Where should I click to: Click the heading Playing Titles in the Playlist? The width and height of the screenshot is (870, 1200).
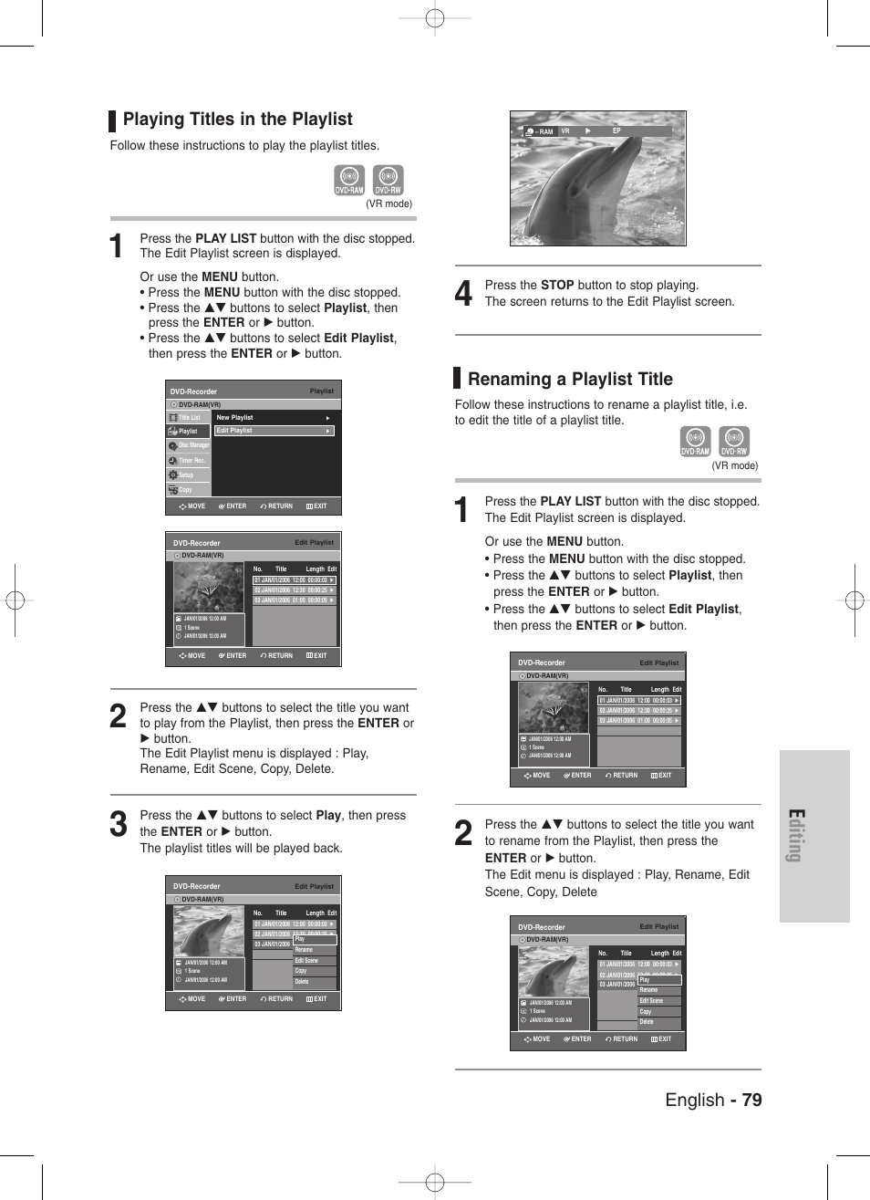(237, 120)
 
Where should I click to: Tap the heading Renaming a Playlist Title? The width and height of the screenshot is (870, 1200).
(570, 380)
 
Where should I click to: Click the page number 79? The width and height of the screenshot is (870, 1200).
(751, 1100)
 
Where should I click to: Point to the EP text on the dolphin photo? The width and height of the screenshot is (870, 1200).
(616, 131)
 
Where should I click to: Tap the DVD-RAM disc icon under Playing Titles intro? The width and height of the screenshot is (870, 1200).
(349, 180)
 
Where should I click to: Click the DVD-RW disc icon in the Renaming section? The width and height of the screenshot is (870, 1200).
(734, 442)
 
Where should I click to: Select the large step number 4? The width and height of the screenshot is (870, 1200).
(463, 294)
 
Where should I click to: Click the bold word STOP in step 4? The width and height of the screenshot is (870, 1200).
(557, 286)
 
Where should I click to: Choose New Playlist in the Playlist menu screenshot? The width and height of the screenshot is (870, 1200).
(235, 418)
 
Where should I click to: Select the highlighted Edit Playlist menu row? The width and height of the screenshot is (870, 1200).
(274, 431)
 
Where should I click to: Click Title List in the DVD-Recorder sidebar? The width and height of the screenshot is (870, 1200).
(189, 418)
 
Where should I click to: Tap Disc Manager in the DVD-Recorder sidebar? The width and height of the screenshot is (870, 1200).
(192, 445)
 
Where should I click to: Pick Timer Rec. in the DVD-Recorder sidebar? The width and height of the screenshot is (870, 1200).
(191, 461)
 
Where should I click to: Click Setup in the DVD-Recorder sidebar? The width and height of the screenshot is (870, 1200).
(186, 475)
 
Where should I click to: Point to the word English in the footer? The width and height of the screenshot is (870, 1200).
(694, 1100)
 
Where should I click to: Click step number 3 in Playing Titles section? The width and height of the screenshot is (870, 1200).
(118, 824)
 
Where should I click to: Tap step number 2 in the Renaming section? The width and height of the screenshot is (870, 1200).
(463, 833)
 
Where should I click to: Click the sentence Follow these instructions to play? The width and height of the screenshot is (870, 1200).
(244, 146)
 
